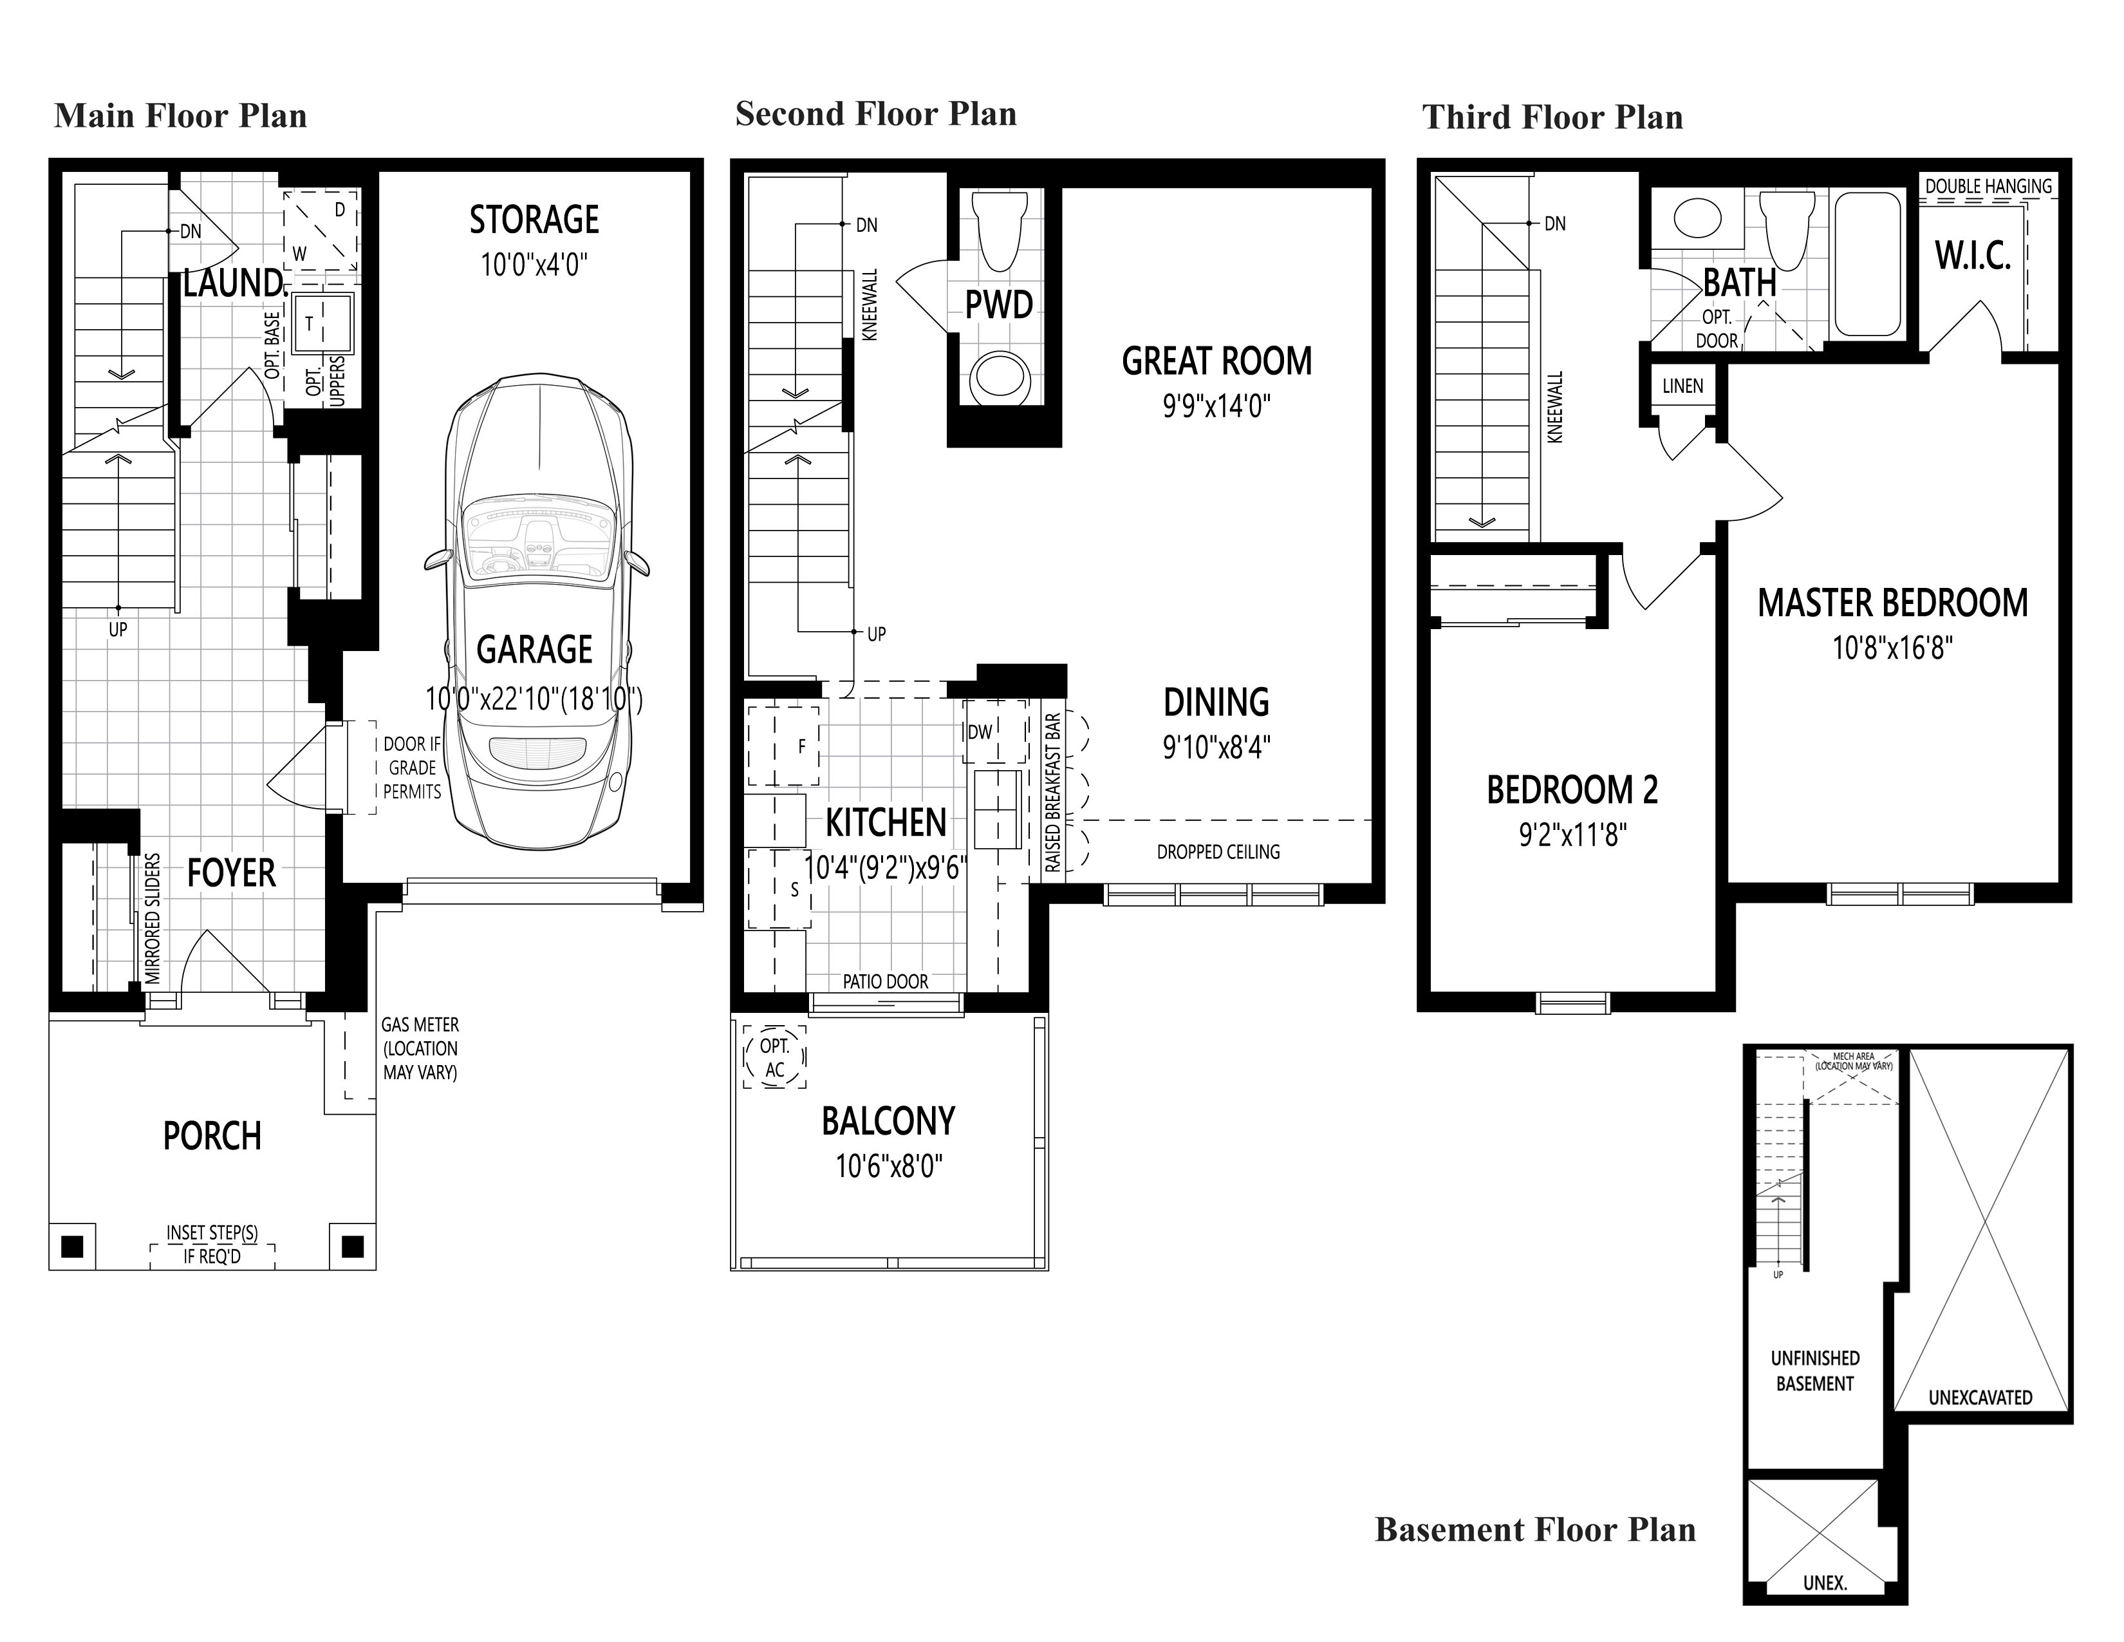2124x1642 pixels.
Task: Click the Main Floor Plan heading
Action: pyautogui.click(x=181, y=117)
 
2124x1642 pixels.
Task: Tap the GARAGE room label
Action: pyautogui.click(x=534, y=650)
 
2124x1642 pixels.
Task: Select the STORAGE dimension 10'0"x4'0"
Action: pyautogui.click(x=534, y=265)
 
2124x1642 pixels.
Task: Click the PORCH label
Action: pyautogui.click(x=212, y=1136)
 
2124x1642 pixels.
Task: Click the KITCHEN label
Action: pyautogui.click(x=886, y=823)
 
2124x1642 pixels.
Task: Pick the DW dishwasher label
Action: pyautogui.click(x=980, y=731)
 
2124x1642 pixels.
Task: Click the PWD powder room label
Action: pyautogui.click(x=999, y=305)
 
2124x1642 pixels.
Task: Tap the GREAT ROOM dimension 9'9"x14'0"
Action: pyautogui.click(x=1216, y=406)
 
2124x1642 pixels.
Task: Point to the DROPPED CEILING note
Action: pyautogui.click(x=1218, y=852)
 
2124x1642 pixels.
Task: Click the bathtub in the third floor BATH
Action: pyautogui.click(x=1867, y=265)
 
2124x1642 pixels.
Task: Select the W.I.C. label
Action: pyautogui.click(x=1973, y=256)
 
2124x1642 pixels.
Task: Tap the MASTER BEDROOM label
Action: pyautogui.click(x=1892, y=603)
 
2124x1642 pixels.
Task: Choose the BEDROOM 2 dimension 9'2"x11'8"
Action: pyautogui.click(x=1572, y=835)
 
